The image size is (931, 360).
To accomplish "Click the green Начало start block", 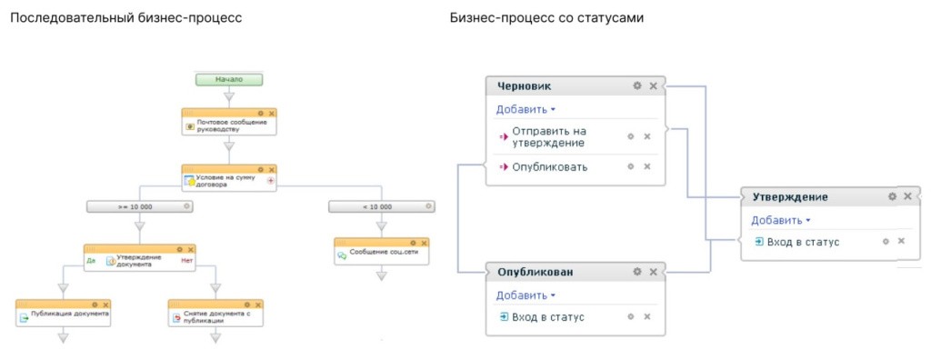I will click(229, 79).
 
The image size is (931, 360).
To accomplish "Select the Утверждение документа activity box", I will click(140, 260).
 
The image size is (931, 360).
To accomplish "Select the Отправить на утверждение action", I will click(548, 136).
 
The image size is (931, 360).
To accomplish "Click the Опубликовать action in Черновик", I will click(549, 167).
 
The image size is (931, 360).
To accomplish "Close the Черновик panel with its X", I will click(653, 85).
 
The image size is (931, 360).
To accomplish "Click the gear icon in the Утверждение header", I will click(892, 196).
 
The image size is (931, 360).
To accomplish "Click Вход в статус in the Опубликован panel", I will click(547, 317).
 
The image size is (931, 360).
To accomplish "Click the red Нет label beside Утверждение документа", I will click(187, 261).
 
